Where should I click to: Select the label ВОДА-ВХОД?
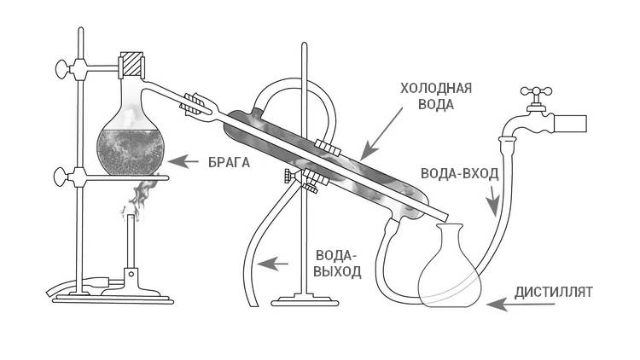460,172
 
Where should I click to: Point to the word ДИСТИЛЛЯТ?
554,293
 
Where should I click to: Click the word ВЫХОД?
338,272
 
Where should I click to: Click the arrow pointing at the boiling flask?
181,160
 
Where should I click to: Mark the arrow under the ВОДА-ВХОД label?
493,205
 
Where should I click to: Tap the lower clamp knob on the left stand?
62,178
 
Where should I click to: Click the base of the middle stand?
305,300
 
